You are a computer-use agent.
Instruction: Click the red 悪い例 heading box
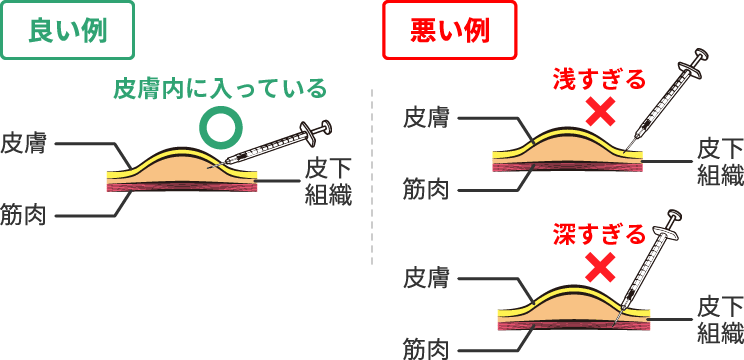click(450, 31)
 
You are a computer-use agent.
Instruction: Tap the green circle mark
click(220, 126)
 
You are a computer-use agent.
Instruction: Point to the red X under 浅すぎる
click(600, 112)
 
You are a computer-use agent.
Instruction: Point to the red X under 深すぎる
click(600, 268)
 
